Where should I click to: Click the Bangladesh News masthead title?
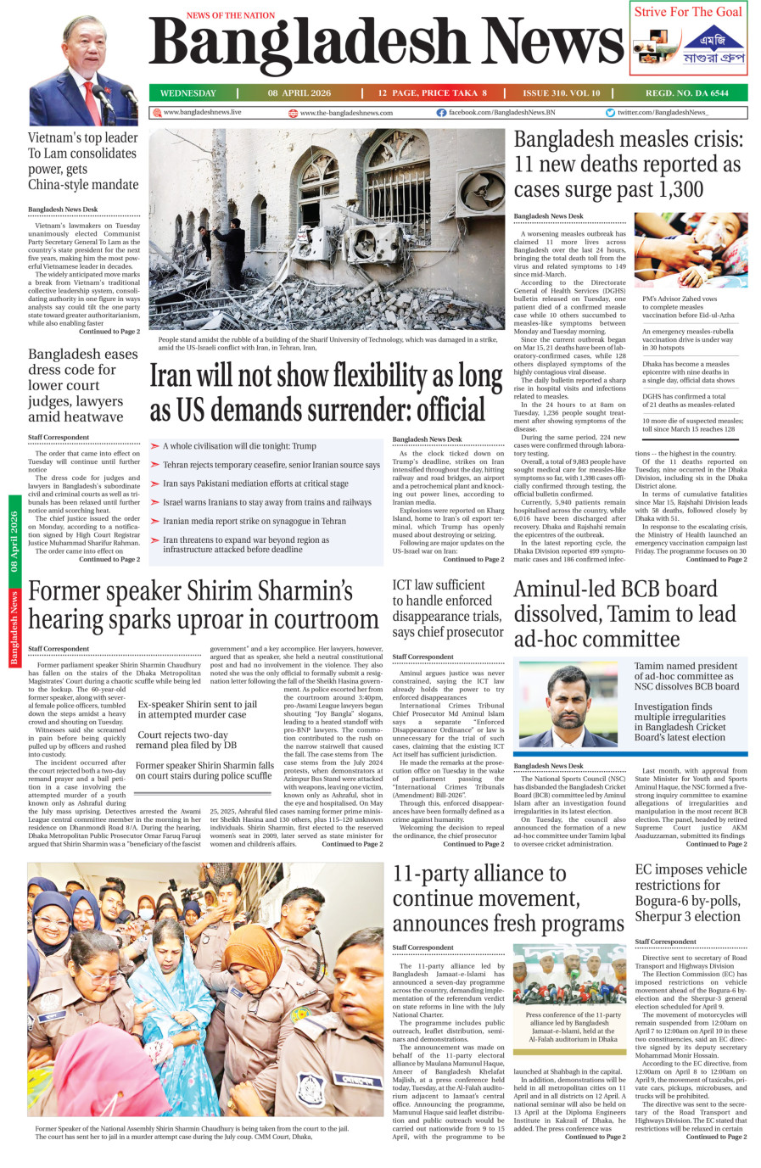coord(386,44)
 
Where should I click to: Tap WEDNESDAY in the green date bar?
coord(188,93)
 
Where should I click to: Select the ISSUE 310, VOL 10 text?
coord(562,93)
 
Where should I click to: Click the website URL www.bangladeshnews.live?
coord(202,112)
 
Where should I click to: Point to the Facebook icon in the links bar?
coord(441,112)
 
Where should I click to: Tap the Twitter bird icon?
coord(610,112)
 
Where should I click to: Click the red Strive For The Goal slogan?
coord(688,12)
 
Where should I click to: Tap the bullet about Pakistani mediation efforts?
coord(255,483)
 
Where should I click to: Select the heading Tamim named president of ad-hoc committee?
coord(686,676)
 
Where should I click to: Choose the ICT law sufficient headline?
coord(448,608)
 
